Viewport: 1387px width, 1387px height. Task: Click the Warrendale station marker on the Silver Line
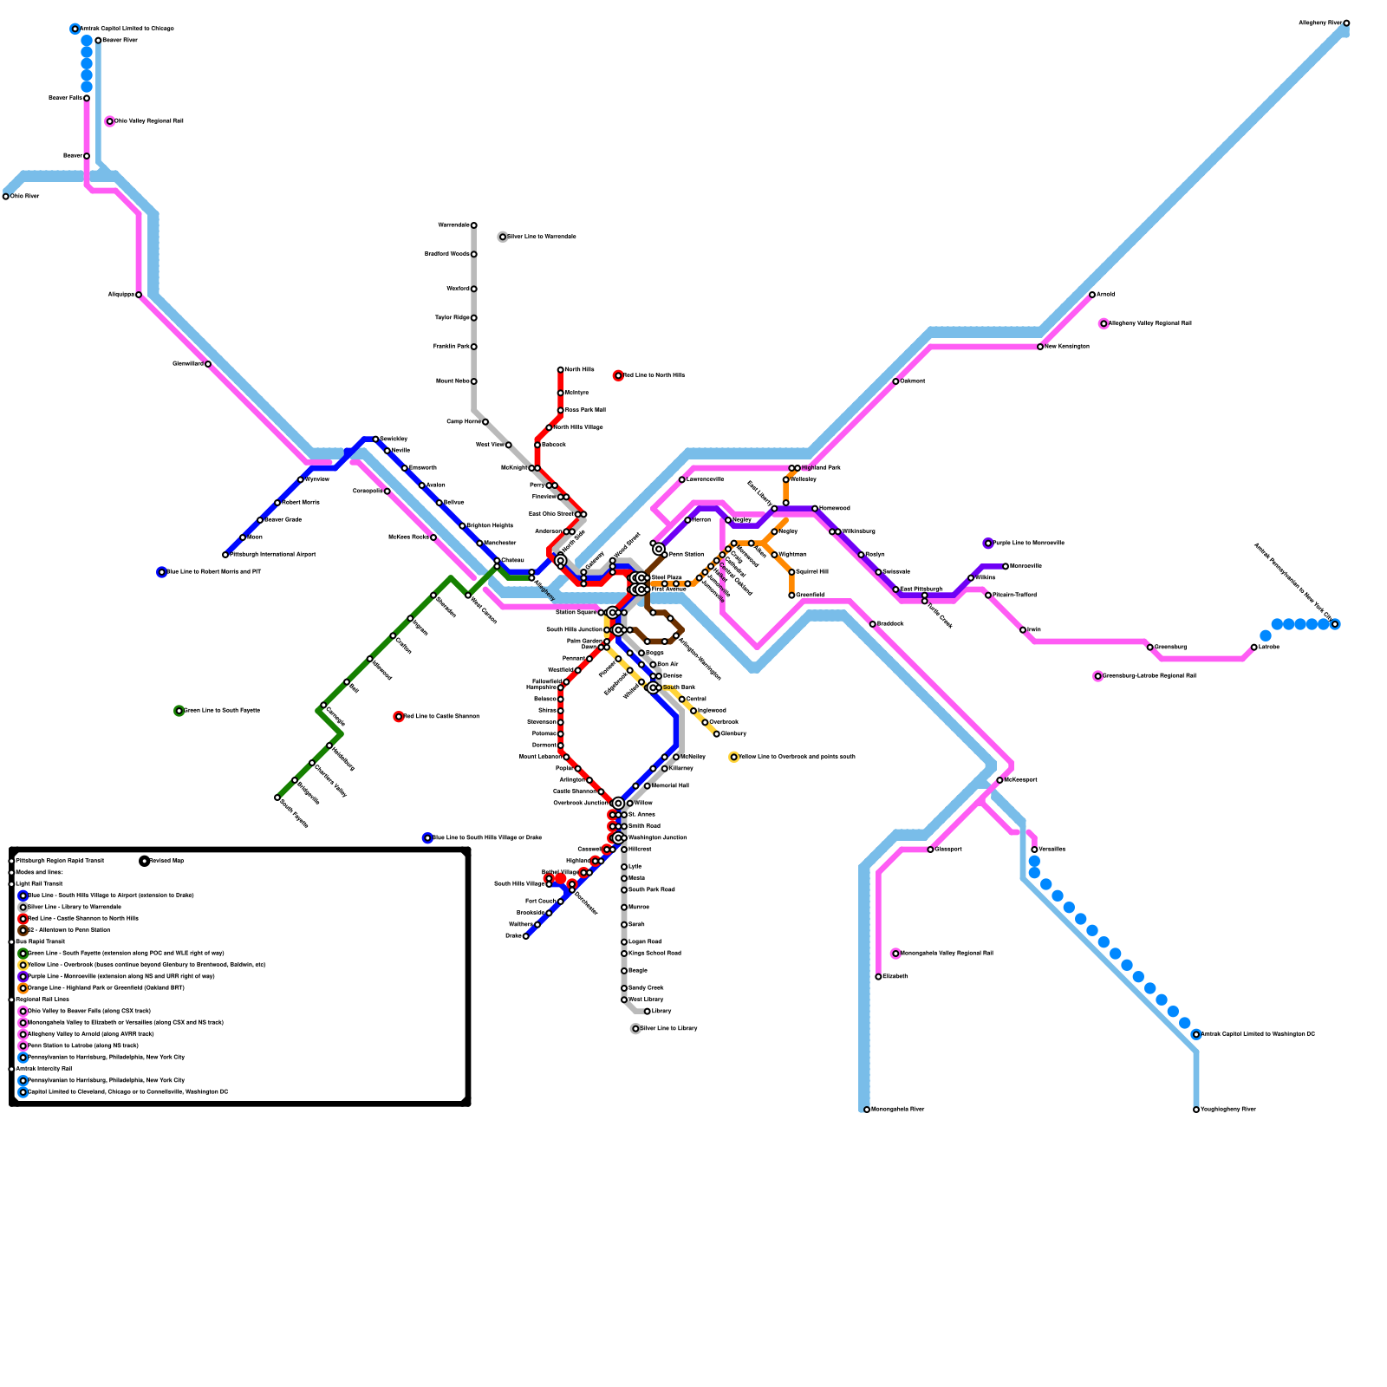coord(474,225)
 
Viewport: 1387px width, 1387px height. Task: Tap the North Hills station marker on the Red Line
coord(561,370)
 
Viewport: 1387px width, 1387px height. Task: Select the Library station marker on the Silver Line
coord(648,1012)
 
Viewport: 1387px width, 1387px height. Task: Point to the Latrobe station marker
coord(1254,648)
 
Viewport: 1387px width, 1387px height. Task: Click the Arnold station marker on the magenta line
coord(1092,295)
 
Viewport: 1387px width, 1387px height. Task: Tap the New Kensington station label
coord(1067,347)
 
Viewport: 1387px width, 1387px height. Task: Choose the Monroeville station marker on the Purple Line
coord(1006,566)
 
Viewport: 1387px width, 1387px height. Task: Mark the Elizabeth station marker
coord(879,977)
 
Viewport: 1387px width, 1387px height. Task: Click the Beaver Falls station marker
coord(87,98)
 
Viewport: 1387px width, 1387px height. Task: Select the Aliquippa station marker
coord(139,295)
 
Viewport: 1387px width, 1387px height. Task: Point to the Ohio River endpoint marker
coord(6,197)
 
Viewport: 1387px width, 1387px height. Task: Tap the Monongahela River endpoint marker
coord(867,1110)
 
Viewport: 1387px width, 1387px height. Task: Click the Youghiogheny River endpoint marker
coord(1196,1110)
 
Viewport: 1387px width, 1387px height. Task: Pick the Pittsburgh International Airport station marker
coord(225,555)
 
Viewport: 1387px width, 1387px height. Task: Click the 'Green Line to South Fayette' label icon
coord(179,711)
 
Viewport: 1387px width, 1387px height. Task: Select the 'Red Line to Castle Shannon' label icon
coord(399,717)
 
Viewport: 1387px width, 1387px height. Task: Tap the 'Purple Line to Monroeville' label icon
coord(988,544)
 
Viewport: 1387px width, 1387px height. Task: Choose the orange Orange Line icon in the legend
coord(23,988)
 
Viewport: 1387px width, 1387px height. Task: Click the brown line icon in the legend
coord(23,930)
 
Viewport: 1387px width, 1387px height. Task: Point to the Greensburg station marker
coord(1150,648)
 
